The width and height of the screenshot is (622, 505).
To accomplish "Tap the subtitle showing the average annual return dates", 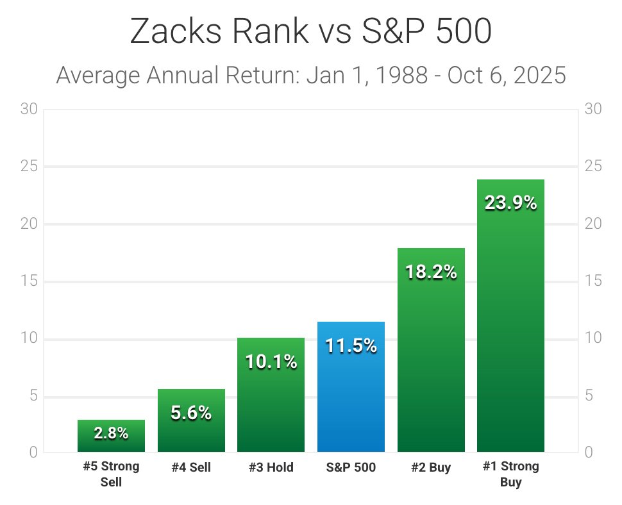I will (x=311, y=76).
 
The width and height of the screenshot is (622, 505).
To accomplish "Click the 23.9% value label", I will (x=510, y=203).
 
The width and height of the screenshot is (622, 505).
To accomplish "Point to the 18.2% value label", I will (x=431, y=272).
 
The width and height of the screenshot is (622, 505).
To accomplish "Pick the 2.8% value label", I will (x=111, y=433).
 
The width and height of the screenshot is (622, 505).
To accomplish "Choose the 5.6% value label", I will (x=191, y=413).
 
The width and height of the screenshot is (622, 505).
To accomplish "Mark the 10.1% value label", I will (x=271, y=363).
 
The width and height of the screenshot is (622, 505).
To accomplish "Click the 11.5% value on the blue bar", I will (x=351, y=346).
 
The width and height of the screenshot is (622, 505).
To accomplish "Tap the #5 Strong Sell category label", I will (x=111, y=474).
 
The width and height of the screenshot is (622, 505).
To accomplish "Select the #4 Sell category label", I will (x=191, y=468).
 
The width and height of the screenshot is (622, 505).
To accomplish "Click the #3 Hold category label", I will (x=271, y=468).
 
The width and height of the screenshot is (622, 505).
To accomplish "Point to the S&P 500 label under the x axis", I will (x=351, y=468).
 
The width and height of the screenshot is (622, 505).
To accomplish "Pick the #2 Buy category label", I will (x=431, y=468).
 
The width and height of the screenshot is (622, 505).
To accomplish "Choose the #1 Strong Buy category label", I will (x=510, y=474).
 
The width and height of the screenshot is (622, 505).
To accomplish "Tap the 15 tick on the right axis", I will (x=593, y=281).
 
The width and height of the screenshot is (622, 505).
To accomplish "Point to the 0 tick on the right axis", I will (x=589, y=453).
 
